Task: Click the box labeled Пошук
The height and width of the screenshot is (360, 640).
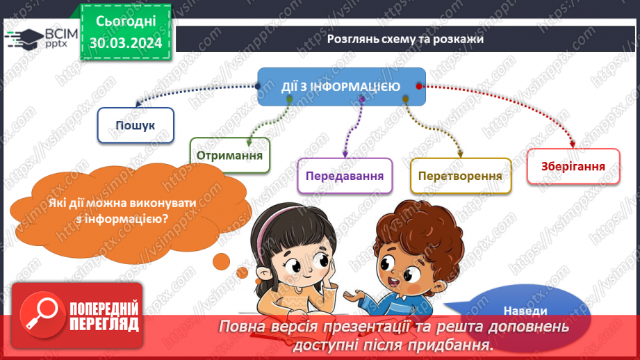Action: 136,125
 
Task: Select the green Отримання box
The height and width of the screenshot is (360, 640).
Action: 230,155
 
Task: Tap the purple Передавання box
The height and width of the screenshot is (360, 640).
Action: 345,176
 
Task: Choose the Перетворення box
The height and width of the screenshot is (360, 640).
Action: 461,176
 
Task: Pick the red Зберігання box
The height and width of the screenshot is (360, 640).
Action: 573,167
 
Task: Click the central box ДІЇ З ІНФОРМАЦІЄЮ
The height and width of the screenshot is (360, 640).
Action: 340,87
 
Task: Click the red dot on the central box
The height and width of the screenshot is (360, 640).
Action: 419,86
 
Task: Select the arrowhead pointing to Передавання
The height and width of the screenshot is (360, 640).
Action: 345,154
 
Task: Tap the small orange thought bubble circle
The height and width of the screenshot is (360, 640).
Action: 221,262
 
